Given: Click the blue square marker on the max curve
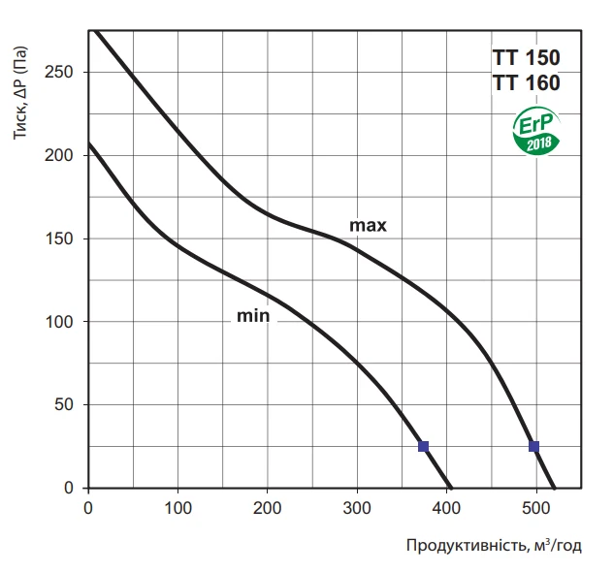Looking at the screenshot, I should pyautogui.click(x=533, y=446).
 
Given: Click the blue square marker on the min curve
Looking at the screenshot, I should pyautogui.click(x=423, y=446).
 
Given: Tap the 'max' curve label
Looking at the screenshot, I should pyautogui.click(x=369, y=226).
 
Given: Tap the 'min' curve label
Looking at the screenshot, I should pyautogui.click(x=252, y=315).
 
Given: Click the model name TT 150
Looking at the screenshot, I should pyautogui.click(x=527, y=56).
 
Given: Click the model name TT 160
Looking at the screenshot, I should pyautogui.click(x=527, y=83).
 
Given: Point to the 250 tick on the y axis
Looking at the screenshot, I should pyautogui.click(x=64, y=73).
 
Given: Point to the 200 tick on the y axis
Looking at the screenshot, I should pyautogui.click(x=64, y=155).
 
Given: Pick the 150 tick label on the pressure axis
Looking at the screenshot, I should pyautogui.click(x=64, y=238).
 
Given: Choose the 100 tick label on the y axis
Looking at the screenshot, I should pyautogui.click(x=64, y=322).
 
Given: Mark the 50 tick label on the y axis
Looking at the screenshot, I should pyautogui.click(x=68, y=404).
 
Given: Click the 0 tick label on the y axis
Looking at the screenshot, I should pyautogui.click(x=72, y=488).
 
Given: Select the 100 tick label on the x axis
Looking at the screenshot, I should pyautogui.click(x=177, y=506).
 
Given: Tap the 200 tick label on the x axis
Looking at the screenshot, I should pyautogui.click(x=268, y=506).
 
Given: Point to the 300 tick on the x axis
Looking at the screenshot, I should pyautogui.click(x=357, y=506).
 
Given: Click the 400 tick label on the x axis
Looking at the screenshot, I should pyautogui.click(x=446, y=506).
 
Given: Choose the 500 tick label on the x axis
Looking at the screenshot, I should pyautogui.click(x=536, y=506).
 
